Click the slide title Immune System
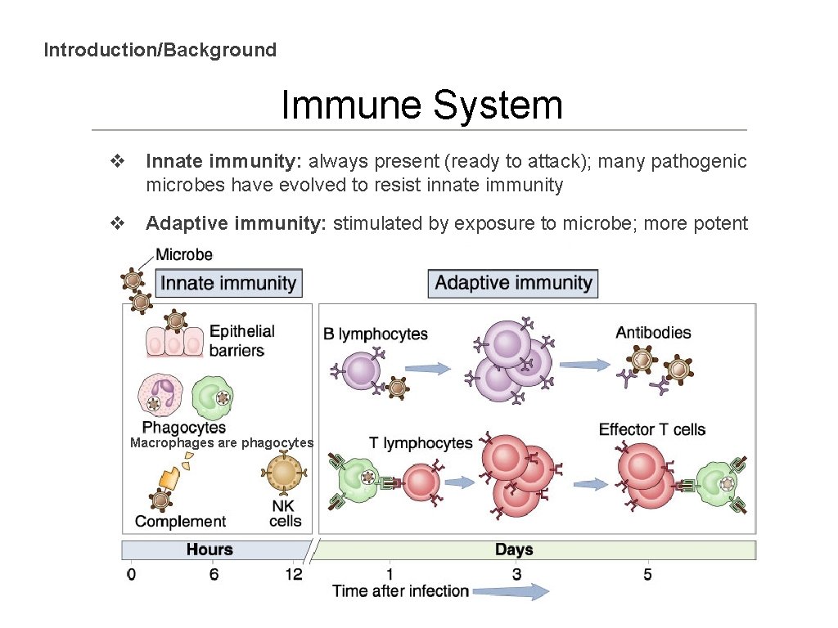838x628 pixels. pos(421,105)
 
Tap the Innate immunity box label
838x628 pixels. pos(228,283)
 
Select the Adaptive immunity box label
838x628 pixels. pos(513,283)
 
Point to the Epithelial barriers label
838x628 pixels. pos(241,341)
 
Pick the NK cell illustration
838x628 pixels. pos(284,473)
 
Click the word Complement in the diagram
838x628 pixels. pos(180,522)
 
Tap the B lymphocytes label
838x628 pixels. pos(375,334)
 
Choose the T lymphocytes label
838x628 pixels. pos(421,443)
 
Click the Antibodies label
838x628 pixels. pos(653,333)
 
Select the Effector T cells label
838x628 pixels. pos(651,429)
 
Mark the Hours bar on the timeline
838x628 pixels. pos(209,549)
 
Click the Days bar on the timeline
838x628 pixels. pos(514,549)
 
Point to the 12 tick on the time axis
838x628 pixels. pos(294,575)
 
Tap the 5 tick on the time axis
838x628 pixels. pos(647,575)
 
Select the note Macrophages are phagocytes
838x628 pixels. pos(222,442)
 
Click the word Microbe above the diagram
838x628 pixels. pos(184,255)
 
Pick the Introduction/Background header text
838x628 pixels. pos(160,50)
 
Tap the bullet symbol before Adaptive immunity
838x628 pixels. pos(117,223)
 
